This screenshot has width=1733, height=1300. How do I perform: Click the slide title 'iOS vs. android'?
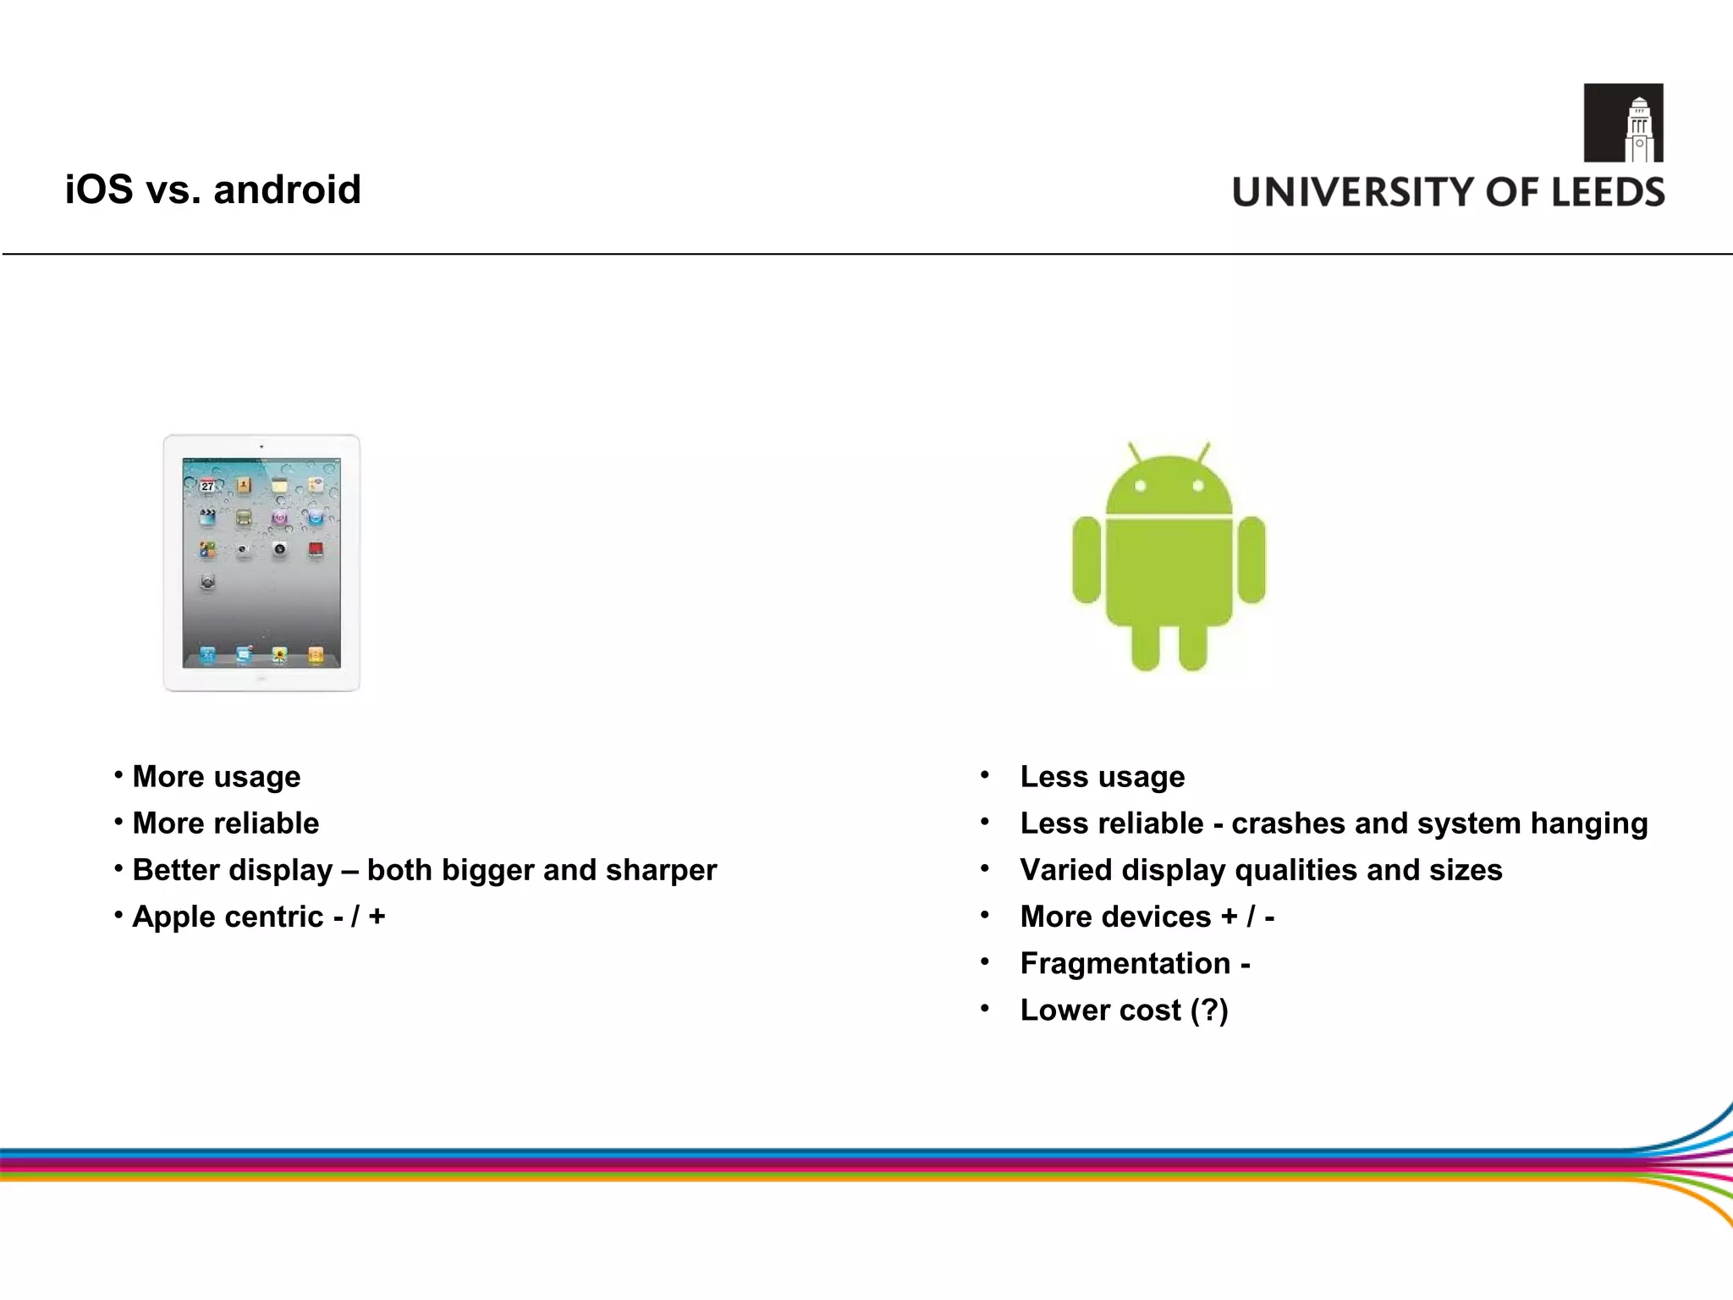click(212, 189)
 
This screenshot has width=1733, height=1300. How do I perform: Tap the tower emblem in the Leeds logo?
click(1623, 123)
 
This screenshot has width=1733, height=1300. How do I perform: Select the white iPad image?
click(261, 563)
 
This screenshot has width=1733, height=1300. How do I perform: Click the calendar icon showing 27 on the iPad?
click(207, 486)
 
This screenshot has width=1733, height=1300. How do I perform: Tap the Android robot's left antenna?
click(1136, 452)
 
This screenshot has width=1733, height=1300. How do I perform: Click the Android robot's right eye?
click(1197, 486)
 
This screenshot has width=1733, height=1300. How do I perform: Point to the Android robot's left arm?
click(1087, 559)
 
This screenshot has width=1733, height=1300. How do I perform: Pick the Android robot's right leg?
click(1193, 647)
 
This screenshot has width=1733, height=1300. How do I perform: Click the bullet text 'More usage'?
click(216, 777)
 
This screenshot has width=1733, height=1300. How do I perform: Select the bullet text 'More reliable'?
click(225, 824)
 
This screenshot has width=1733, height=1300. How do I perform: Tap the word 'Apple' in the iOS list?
click(168, 917)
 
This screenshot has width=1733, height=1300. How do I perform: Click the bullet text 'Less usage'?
click(1102, 777)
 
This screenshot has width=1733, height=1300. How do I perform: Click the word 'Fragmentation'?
click(1125, 963)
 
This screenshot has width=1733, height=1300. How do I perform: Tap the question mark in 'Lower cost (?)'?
click(1209, 1010)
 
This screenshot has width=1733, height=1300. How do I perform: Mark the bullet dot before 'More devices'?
click(984, 915)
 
